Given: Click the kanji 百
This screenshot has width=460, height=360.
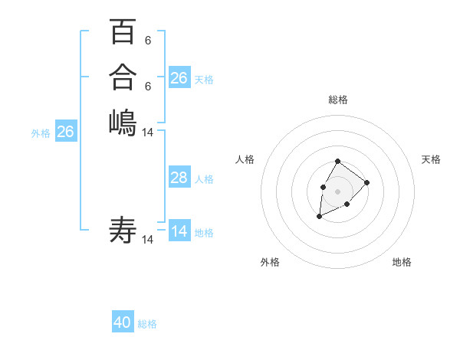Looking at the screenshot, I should pyautogui.click(x=123, y=32).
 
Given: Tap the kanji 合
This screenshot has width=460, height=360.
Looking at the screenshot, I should pyautogui.click(x=123, y=77).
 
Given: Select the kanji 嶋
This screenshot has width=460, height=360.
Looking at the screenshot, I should pyautogui.click(x=123, y=122).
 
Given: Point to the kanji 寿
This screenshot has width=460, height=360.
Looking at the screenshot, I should pyautogui.click(x=123, y=230).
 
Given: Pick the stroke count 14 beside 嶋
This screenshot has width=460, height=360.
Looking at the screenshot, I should pyautogui.click(x=148, y=132).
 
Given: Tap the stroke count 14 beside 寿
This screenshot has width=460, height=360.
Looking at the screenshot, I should pyautogui.click(x=148, y=240).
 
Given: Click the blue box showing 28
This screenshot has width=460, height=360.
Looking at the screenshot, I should pyautogui.click(x=179, y=178).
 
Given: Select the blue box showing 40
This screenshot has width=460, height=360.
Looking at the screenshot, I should pyautogui.click(x=123, y=322).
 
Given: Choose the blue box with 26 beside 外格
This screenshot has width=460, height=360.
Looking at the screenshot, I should pyautogui.click(x=66, y=132).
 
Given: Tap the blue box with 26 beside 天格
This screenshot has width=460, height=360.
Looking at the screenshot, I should pyautogui.click(x=179, y=77).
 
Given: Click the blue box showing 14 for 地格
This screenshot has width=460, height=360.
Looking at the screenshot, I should pyautogui.click(x=179, y=231).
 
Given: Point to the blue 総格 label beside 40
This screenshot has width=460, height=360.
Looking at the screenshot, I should pyautogui.click(x=147, y=324).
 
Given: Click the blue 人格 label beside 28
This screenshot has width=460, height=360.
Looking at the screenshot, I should pyautogui.click(x=204, y=179).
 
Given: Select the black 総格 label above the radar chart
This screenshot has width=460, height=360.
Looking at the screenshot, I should pyautogui.click(x=338, y=100).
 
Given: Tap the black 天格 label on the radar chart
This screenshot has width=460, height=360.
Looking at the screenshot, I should pyautogui.click(x=431, y=159).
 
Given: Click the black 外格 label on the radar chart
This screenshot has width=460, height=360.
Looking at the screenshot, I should pyautogui.click(x=270, y=262).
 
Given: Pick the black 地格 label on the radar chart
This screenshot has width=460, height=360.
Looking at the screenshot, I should pyautogui.click(x=402, y=262).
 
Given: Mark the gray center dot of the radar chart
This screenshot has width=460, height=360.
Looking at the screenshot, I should pyautogui.click(x=338, y=191).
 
